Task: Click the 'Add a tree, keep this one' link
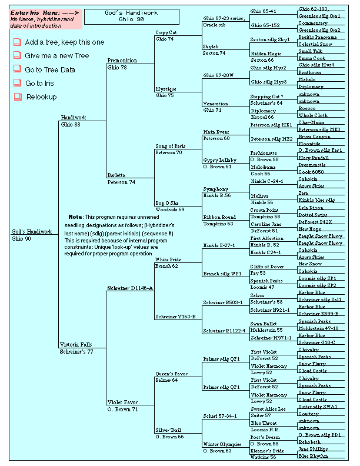point(64,42)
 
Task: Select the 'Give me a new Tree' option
point(56,55)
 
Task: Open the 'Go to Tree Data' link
point(50,69)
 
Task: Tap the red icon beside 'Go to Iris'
point(17,84)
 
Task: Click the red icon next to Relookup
point(17,97)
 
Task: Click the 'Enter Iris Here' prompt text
point(35,12)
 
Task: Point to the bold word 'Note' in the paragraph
point(75,217)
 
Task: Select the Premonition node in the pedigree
point(122,60)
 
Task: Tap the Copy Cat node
point(166,32)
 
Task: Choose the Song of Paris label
point(170,146)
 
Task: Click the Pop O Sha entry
point(166,202)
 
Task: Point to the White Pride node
point(168,259)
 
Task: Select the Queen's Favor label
point(171,374)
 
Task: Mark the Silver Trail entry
point(168,430)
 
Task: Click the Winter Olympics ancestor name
point(222,444)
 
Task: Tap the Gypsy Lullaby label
point(219,160)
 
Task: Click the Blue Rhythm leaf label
point(312,456)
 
